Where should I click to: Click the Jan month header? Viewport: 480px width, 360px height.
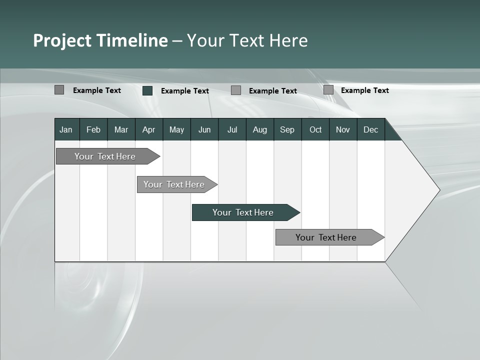tap(66, 130)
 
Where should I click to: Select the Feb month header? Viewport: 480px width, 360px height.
tap(93, 130)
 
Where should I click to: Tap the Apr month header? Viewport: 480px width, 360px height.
tap(148, 130)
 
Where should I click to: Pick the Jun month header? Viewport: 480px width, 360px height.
tap(204, 130)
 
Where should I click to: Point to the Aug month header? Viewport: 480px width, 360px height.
tap(259, 130)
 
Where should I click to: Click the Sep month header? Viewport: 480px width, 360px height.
tap(287, 130)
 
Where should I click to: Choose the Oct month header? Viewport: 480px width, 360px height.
tap(315, 130)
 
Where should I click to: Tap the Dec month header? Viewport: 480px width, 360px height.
tap(370, 130)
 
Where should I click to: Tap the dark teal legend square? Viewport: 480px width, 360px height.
tap(147, 90)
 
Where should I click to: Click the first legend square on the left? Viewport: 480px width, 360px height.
tap(59, 90)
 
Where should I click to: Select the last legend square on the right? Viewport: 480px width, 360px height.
tap(328, 90)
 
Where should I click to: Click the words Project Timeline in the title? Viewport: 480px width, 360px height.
tap(100, 40)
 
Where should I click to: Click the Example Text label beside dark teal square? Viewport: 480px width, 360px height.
tap(184, 91)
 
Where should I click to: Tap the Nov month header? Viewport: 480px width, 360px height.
tap(342, 130)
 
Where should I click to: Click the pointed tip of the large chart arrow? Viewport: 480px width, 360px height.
tap(438, 190)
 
